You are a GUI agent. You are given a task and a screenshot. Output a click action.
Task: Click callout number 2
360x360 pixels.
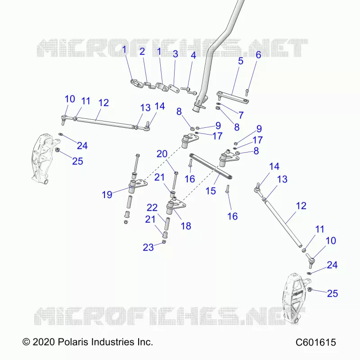(142, 51)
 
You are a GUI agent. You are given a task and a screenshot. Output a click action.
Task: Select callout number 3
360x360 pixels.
(175, 54)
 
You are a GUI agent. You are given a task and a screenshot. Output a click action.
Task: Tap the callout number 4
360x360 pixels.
(193, 55)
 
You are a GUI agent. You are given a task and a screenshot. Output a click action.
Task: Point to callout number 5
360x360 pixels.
(240, 61)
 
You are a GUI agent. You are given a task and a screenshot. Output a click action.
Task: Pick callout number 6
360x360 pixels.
(258, 54)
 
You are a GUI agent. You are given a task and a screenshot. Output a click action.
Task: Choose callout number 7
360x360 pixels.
(241, 115)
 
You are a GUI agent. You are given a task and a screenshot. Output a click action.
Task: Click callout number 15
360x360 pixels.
(211, 191)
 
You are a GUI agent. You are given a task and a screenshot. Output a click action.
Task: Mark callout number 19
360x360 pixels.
(107, 194)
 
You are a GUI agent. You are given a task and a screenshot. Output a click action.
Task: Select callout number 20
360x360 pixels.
(162, 153)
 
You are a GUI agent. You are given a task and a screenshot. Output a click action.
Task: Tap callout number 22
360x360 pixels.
(152, 207)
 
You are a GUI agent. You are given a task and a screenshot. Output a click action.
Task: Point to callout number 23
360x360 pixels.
(148, 247)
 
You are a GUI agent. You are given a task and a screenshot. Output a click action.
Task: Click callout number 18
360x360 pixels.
(186, 226)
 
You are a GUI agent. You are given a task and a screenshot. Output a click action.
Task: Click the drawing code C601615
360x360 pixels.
(316, 342)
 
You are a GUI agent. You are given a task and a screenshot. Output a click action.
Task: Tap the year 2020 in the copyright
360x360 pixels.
(44, 342)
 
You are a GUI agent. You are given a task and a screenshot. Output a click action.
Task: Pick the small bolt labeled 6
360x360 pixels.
(247, 93)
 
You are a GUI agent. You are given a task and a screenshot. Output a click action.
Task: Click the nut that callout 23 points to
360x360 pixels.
(164, 242)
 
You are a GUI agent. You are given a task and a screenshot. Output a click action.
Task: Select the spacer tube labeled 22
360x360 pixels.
(167, 224)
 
